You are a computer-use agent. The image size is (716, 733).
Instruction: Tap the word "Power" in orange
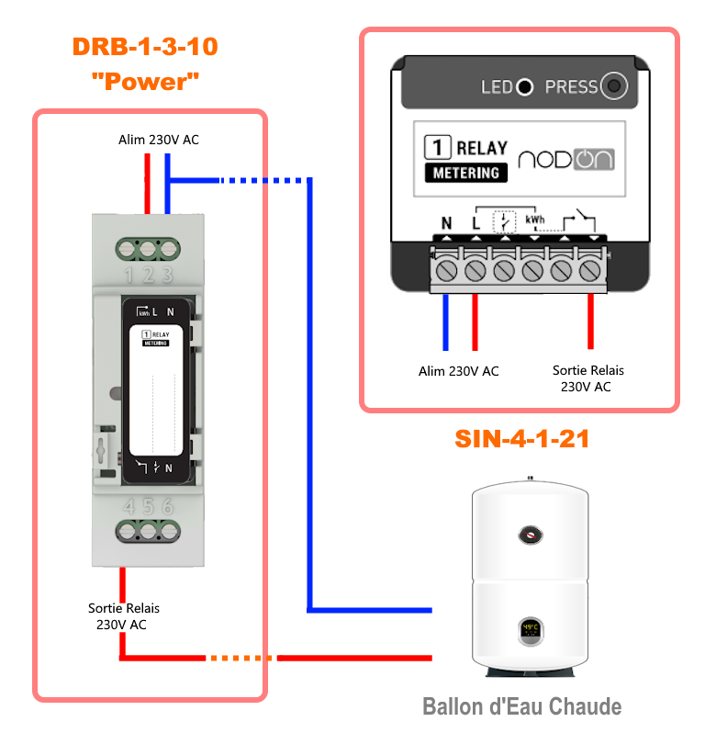click(x=146, y=81)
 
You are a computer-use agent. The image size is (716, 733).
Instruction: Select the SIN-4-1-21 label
click(x=521, y=439)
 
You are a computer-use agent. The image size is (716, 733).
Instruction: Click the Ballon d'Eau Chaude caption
click(x=521, y=706)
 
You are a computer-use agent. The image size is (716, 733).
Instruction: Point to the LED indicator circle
click(x=524, y=88)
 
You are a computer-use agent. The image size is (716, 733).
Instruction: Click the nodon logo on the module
click(x=565, y=158)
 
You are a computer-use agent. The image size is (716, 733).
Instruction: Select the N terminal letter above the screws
click(x=447, y=222)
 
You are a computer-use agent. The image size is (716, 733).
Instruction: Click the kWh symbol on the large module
click(x=535, y=220)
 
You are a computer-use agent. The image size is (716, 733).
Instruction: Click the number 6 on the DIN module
click(x=168, y=506)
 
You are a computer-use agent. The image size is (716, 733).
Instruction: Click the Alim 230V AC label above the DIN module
click(x=158, y=140)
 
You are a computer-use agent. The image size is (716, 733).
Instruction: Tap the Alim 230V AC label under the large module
click(x=458, y=371)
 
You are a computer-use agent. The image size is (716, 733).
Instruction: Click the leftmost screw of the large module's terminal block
click(x=447, y=270)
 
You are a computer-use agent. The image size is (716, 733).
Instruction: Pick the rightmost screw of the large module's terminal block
click(x=592, y=270)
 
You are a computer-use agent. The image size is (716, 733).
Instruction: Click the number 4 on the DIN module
click(x=128, y=506)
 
